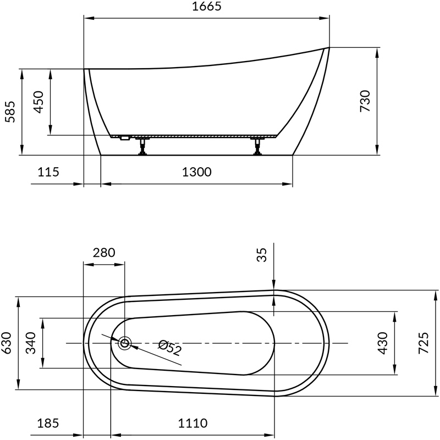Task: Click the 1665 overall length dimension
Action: point(207,7)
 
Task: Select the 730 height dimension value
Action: point(365,101)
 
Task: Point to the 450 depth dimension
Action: point(39,102)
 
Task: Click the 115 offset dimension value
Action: point(48,172)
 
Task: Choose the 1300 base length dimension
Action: point(197,172)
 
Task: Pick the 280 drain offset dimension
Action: point(103,252)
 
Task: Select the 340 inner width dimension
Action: point(31,343)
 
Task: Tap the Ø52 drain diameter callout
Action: point(169,348)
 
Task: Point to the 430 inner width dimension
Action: point(382,343)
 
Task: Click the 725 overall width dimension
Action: point(423,343)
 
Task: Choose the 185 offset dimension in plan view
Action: point(48,424)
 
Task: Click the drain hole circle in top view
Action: point(125,343)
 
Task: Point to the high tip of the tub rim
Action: point(327,48)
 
